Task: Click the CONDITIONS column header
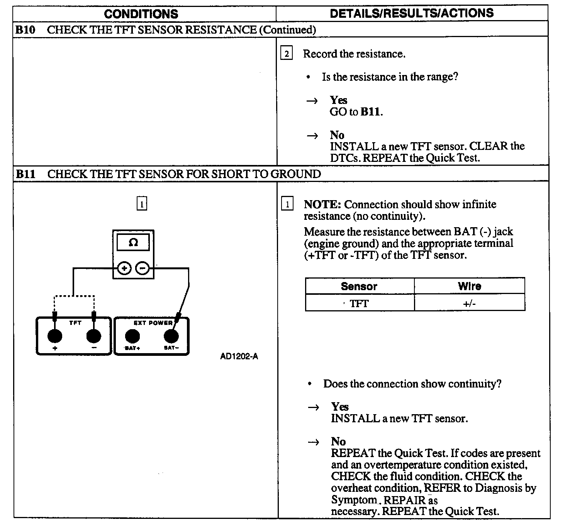tap(141, 14)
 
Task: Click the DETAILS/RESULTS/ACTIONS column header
tap(412, 13)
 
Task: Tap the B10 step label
tap(25, 30)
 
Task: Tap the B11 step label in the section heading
tap(25, 174)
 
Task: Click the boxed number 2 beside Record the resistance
tap(286, 53)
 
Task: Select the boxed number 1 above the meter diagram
tap(142, 203)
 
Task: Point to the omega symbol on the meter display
tap(133, 243)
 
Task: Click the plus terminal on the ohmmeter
tap(124, 268)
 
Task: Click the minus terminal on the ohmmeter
tap(143, 268)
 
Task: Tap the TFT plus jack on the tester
tap(54, 336)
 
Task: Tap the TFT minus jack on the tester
tap(93, 336)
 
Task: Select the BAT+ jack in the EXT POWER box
tap(132, 336)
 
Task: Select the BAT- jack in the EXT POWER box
tap(171, 336)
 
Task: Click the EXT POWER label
tap(153, 323)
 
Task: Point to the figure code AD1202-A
tap(239, 357)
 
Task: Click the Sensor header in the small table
tap(359, 286)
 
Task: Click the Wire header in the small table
tap(469, 286)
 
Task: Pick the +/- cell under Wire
tap(469, 304)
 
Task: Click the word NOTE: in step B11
tap(322, 204)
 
